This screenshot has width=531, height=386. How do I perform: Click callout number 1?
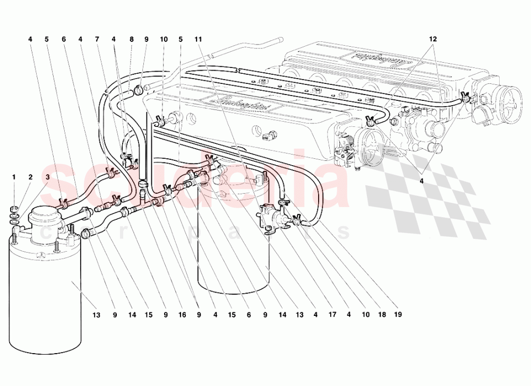(x=14, y=177)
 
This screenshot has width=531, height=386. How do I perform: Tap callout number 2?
(x=31, y=177)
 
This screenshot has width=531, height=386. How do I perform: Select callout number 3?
(x=47, y=177)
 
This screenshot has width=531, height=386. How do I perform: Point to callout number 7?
(x=97, y=39)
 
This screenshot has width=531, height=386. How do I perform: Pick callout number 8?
(x=131, y=39)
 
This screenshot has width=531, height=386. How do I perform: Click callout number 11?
(x=198, y=39)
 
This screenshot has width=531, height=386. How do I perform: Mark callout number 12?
(x=433, y=39)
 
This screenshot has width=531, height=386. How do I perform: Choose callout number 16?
(x=183, y=315)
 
